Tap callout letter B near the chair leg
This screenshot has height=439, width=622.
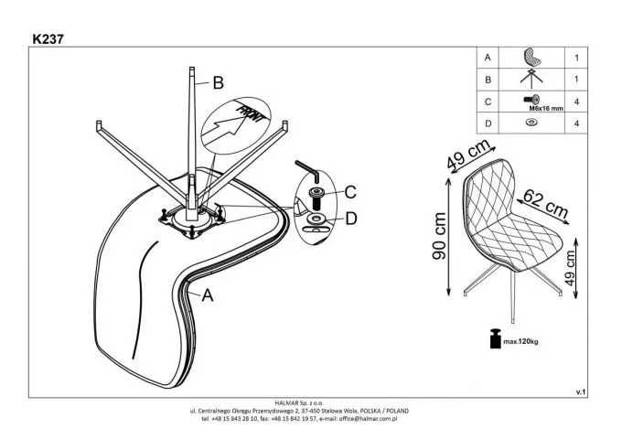[218, 83]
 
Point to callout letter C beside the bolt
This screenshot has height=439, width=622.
[349, 193]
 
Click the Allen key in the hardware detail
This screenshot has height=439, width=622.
[307, 171]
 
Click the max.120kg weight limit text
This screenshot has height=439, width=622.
[517, 343]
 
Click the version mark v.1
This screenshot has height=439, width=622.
[580, 391]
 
